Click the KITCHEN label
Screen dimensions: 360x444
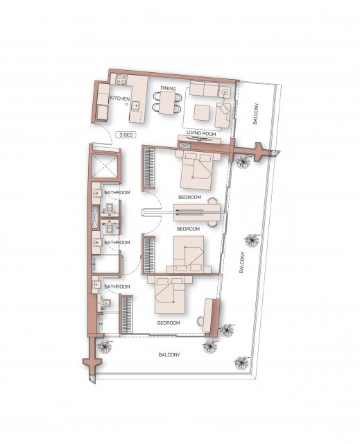pyautogui.click(x=120, y=99)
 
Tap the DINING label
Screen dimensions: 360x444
pyautogui.click(x=168, y=88)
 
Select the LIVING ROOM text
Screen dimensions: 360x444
pyautogui.click(x=201, y=133)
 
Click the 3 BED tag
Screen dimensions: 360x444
pyautogui.click(x=126, y=135)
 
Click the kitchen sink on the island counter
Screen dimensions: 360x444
pyautogui.click(x=136, y=105)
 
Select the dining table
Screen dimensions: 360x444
pyautogui.click(x=166, y=103)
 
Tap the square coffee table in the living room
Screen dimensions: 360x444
pyautogui.click(x=202, y=112)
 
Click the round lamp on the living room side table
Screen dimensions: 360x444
pyautogui.click(x=225, y=92)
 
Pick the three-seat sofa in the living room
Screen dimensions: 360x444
pyautogui.click(x=204, y=89)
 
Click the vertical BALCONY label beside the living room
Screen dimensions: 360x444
pyautogui.click(x=255, y=114)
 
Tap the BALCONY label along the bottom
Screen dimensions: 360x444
pyautogui.click(x=169, y=355)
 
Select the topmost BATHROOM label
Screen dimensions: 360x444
pyautogui.click(x=117, y=193)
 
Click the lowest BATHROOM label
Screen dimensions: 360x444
pyautogui.click(x=117, y=287)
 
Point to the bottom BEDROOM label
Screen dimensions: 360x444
pyautogui.click(x=169, y=323)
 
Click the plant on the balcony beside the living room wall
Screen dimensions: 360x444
pyautogui.click(x=243, y=162)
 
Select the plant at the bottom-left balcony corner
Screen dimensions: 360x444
pyautogui.click(x=104, y=345)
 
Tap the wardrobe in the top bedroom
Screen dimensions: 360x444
pyautogui.click(x=148, y=168)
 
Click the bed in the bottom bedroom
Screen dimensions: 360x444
pyautogui.click(x=170, y=295)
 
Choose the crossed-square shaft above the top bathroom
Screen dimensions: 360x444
pyautogui.click(x=105, y=166)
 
